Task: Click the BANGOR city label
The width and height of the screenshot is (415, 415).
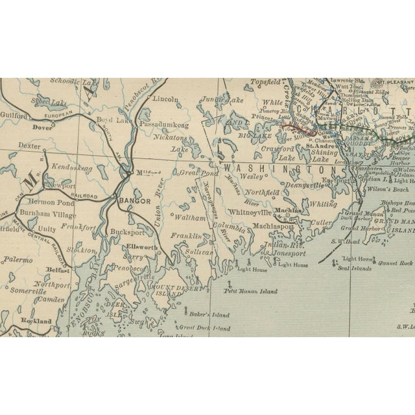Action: [x=135, y=202]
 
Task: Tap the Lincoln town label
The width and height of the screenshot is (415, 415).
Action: [x=165, y=99]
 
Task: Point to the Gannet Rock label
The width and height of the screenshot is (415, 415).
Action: [x=397, y=263]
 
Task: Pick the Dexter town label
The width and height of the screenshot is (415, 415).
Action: [x=29, y=147]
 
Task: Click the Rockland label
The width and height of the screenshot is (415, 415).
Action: [x=36, y=321]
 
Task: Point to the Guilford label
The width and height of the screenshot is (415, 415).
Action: [x=14, y=115]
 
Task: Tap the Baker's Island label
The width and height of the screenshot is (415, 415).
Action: [x=210, y=315]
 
